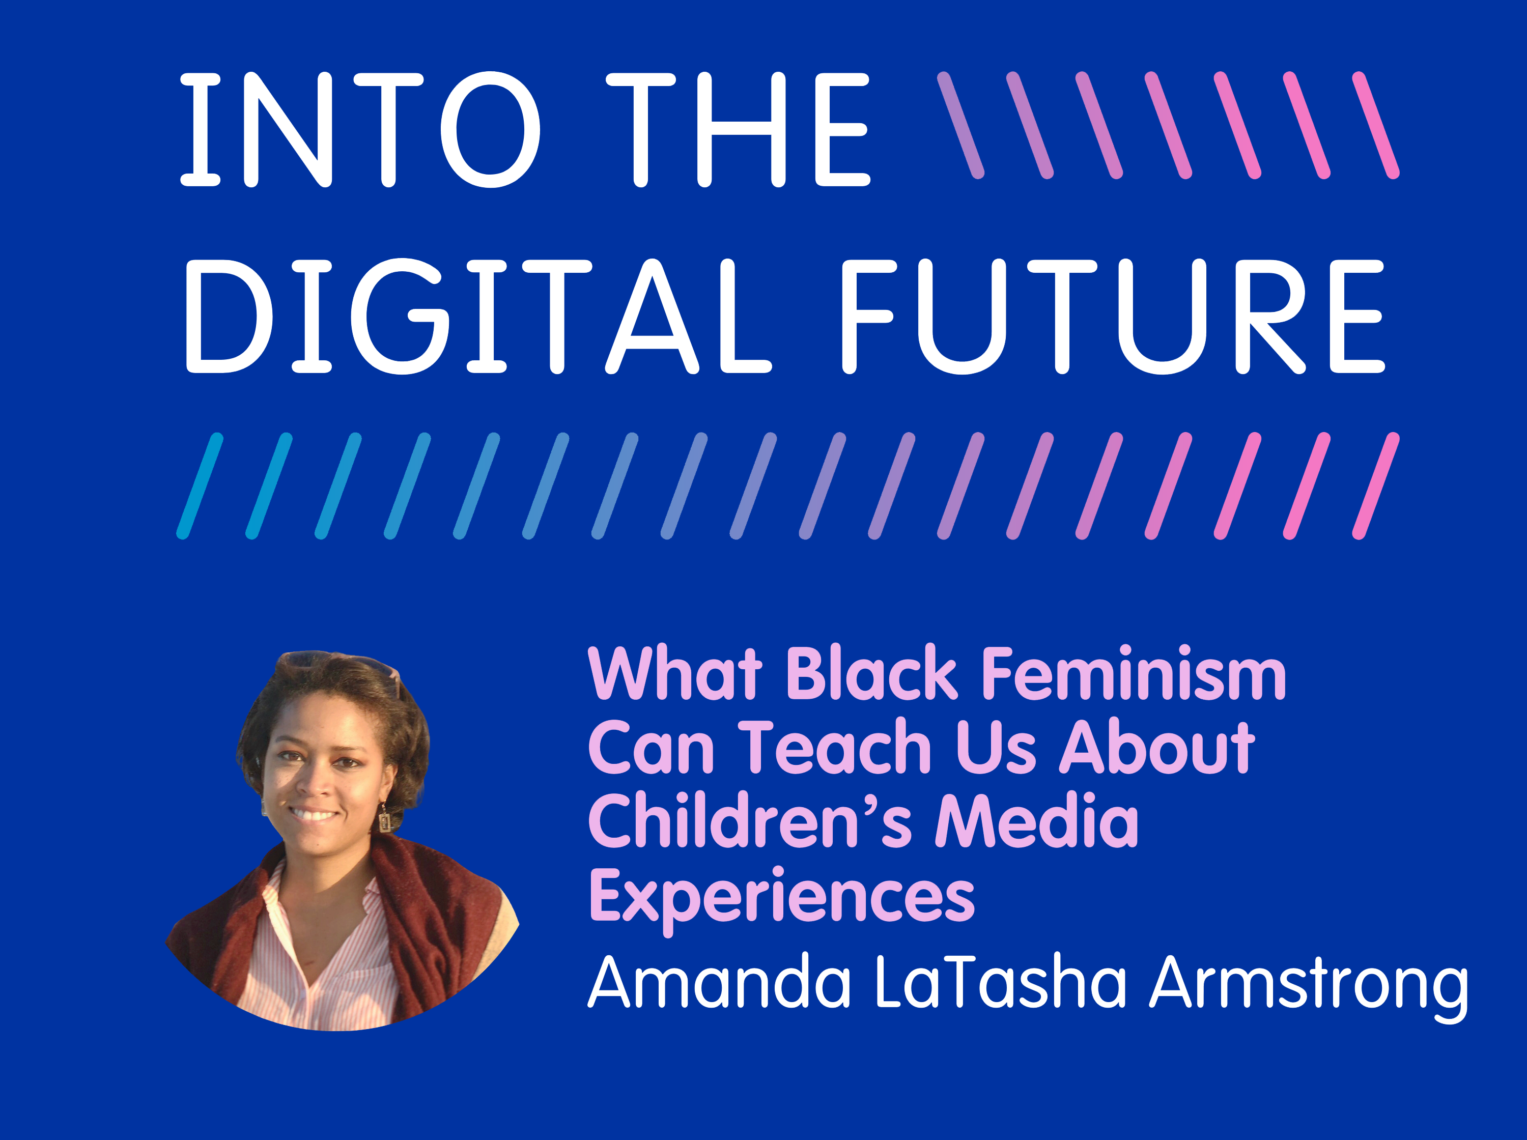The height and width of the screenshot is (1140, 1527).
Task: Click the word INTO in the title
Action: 360,129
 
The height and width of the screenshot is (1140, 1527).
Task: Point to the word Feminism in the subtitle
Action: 1134,672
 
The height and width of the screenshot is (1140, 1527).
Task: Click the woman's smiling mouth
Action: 314,814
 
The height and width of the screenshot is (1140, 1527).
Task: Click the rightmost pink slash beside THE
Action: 1376,125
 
